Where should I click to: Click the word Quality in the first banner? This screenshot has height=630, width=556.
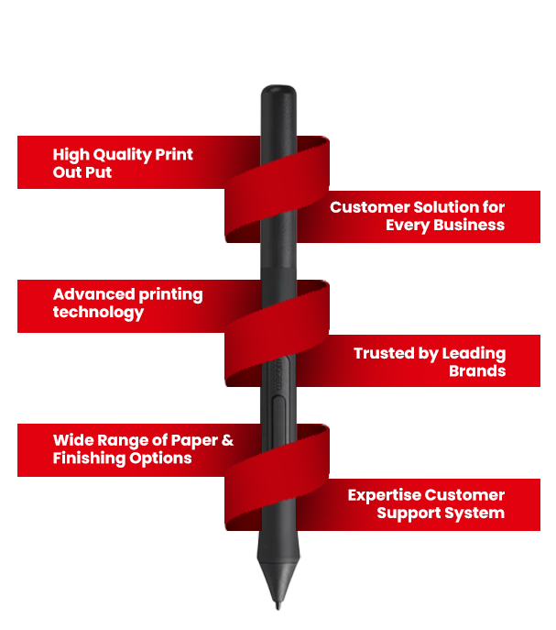coord(122,155)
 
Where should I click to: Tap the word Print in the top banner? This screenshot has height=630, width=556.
coord(174,154)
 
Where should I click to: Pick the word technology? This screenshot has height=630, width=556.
coord(98,312)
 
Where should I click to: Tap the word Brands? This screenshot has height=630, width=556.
coord(477,371)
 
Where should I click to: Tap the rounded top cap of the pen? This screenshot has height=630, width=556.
coord(278,93)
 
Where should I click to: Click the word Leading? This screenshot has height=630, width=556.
coord(474,353)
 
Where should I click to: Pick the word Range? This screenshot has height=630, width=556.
coord(117,440)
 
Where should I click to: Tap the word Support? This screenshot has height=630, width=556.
coord(408,513)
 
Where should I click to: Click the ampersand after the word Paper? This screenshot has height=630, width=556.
coord(226,440)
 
